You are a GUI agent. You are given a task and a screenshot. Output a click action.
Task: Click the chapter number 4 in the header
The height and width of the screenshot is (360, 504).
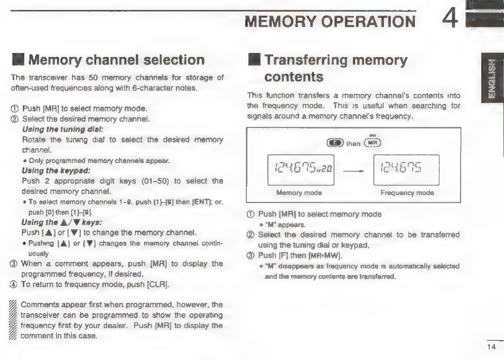coord(451,21)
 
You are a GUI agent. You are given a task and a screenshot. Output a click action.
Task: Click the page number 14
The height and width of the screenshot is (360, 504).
coord(491,348)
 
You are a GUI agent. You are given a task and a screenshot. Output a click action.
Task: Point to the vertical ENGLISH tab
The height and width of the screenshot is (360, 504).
coord(492,80)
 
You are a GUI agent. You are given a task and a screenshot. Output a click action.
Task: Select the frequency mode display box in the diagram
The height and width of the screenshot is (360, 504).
coord(406,170)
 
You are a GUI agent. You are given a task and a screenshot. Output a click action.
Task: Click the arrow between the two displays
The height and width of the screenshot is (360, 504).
coord(350,171)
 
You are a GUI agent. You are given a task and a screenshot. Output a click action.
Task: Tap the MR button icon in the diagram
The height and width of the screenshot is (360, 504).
coord(372,143)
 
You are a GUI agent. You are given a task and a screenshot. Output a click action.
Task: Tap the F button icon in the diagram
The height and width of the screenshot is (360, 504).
coord(335,143)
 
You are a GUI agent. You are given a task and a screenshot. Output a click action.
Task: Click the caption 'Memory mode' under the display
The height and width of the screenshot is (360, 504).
coord(295,193)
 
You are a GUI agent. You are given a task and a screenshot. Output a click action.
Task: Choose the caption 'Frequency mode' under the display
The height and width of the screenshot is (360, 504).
coord(407,193)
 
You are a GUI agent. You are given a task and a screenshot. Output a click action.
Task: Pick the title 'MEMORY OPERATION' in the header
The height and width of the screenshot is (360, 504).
coord(329,22)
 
